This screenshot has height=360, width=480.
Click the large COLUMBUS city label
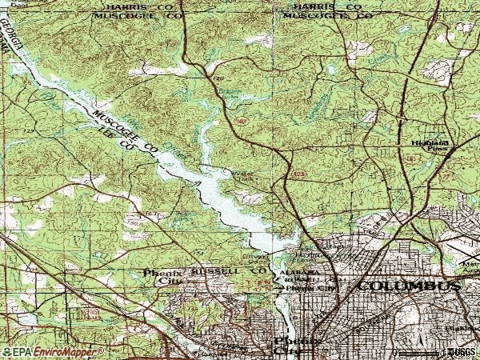coord(409,286)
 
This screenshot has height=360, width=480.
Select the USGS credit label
coord(462,351)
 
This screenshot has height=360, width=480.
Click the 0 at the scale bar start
coord(395,351)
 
